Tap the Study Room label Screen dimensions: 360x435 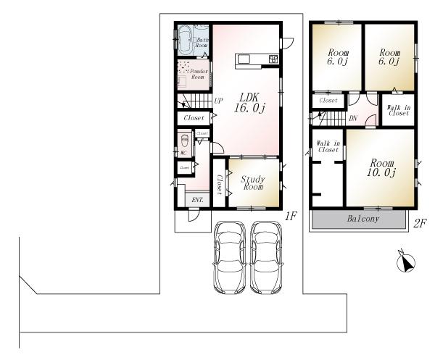[x=252, y=181]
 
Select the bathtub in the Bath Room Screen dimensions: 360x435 [x=184, y=37]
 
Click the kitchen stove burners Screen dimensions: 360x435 [x=273, y=59]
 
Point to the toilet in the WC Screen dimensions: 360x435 [x=184, y=141]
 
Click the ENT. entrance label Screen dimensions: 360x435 [x=196, y=199]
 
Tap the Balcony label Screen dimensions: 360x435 [x=362, y=219]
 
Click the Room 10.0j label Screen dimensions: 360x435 [x=380, y=167]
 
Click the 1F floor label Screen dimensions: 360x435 [x=291, y=215]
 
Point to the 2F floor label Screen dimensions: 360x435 [x=419, y=223]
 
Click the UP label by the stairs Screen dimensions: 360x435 [x=217, y=101]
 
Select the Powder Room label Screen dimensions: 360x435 [x=199, y=75]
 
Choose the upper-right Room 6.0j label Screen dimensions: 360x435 [x=389, y=56]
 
